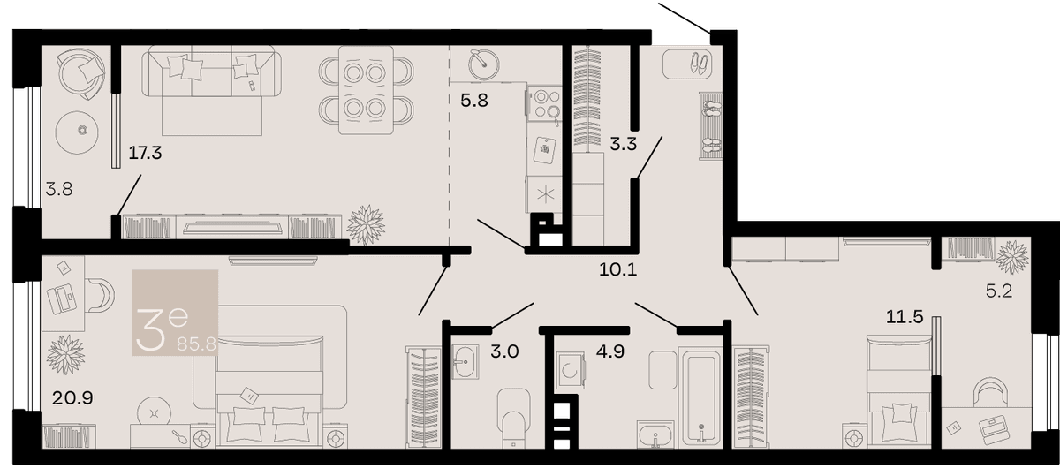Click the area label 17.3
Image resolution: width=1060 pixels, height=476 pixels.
145,153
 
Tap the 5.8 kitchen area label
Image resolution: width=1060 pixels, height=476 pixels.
474,101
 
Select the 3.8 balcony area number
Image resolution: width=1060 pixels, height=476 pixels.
59,189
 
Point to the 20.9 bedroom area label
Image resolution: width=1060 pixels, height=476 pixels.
72,398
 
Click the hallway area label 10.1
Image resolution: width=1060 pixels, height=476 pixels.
618,269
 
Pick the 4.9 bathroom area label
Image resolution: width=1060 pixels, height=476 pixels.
610,351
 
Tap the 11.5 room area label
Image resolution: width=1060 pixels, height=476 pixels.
905,316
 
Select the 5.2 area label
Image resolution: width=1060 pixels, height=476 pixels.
999,291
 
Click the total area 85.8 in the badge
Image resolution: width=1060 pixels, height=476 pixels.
196,344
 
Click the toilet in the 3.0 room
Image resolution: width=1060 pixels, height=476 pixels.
513,419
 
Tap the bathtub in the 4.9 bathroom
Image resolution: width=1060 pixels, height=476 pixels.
700,397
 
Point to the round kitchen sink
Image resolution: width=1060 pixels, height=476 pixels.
484,64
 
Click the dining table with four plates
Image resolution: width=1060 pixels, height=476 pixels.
366,90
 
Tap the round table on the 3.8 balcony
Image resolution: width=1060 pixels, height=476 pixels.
77,132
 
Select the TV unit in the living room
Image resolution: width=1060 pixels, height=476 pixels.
232,227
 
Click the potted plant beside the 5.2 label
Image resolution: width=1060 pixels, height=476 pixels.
1011,257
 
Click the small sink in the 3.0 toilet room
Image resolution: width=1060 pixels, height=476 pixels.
466,362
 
